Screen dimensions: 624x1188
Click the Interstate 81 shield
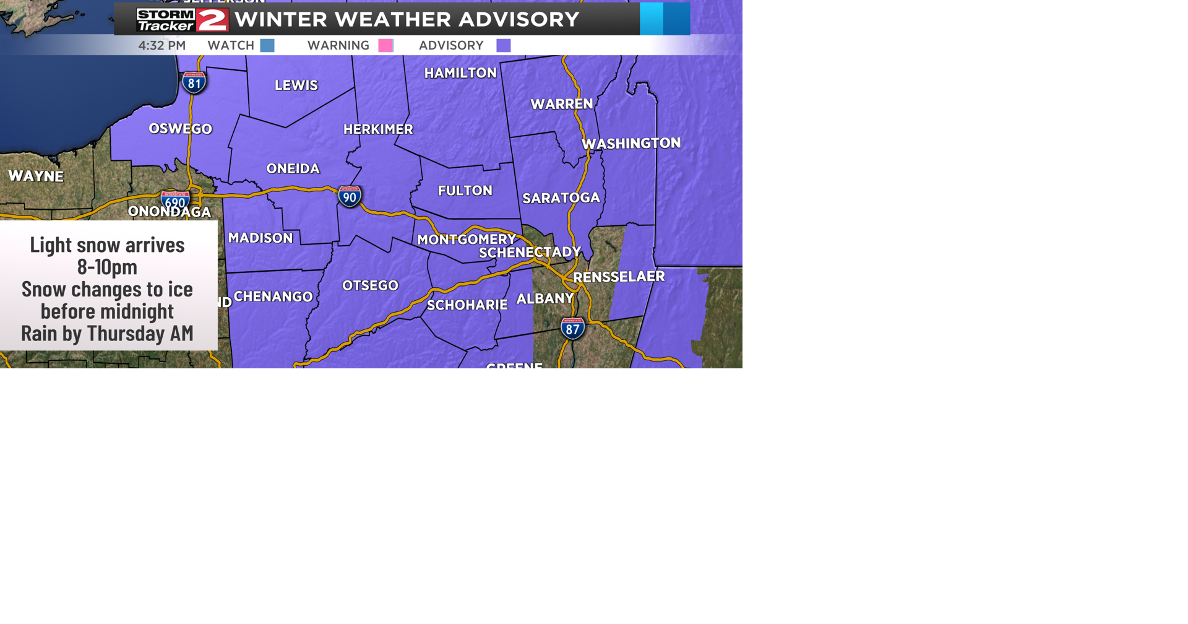(194, 82)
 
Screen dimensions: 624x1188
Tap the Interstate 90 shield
(350, 197)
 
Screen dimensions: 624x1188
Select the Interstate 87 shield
(572, 328)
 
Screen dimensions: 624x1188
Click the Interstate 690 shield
(175, 201)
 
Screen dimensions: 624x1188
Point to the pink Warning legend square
(385, 45)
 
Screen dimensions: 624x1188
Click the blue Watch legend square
(267, 45)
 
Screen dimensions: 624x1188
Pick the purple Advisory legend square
(504, 45)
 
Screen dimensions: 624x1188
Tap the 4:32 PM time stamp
(161, 45)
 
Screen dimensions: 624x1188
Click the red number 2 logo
(213, 20)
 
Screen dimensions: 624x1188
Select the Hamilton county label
(460, 73)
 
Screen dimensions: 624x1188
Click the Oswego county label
(180, 129)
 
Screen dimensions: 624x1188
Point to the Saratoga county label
(561, 198)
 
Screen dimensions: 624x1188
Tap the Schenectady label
(530, 252)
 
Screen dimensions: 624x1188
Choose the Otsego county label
(370, 285)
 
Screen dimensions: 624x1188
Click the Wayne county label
(36, 176)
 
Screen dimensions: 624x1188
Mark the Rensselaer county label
(619, 277)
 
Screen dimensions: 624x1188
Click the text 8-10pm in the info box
(107, 267)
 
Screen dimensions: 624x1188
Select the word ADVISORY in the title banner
(519, 19)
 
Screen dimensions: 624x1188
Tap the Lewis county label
(296, 85)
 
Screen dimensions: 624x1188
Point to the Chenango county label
(273, 297)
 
